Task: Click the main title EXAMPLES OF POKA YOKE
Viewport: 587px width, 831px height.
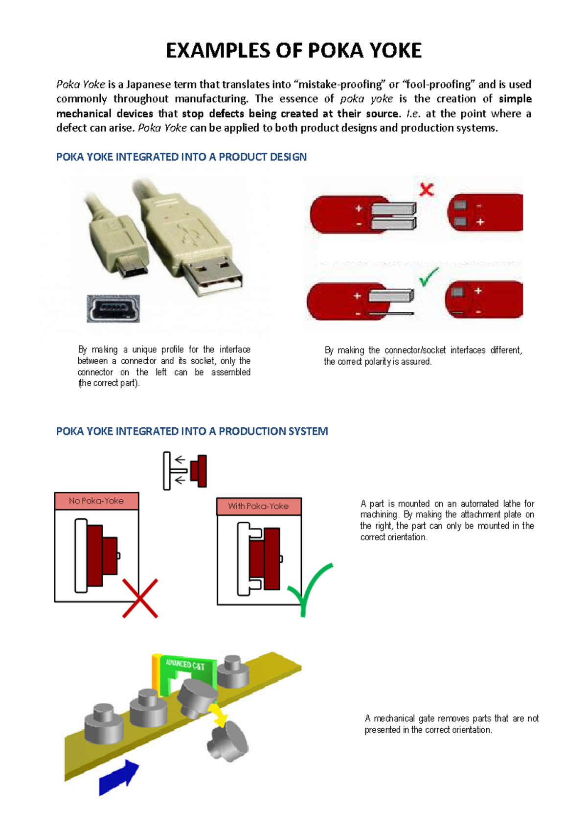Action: coord(293,50)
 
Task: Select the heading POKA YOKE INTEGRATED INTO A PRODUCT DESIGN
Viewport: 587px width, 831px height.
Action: coord(181,157)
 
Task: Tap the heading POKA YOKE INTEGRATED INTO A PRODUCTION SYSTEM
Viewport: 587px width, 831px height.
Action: coord(192,431)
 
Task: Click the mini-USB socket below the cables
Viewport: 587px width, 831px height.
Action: coord(113,309)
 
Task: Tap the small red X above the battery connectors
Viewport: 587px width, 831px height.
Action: coord(427,189)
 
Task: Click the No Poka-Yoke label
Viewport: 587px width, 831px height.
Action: coord(96,501)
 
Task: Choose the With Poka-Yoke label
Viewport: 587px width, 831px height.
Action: coord(258,506)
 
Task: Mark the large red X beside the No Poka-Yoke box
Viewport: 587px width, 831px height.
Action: coord(140,598)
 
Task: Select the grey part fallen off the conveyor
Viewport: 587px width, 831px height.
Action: coord(227,741)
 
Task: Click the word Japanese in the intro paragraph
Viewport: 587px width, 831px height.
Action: coord(148,85)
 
